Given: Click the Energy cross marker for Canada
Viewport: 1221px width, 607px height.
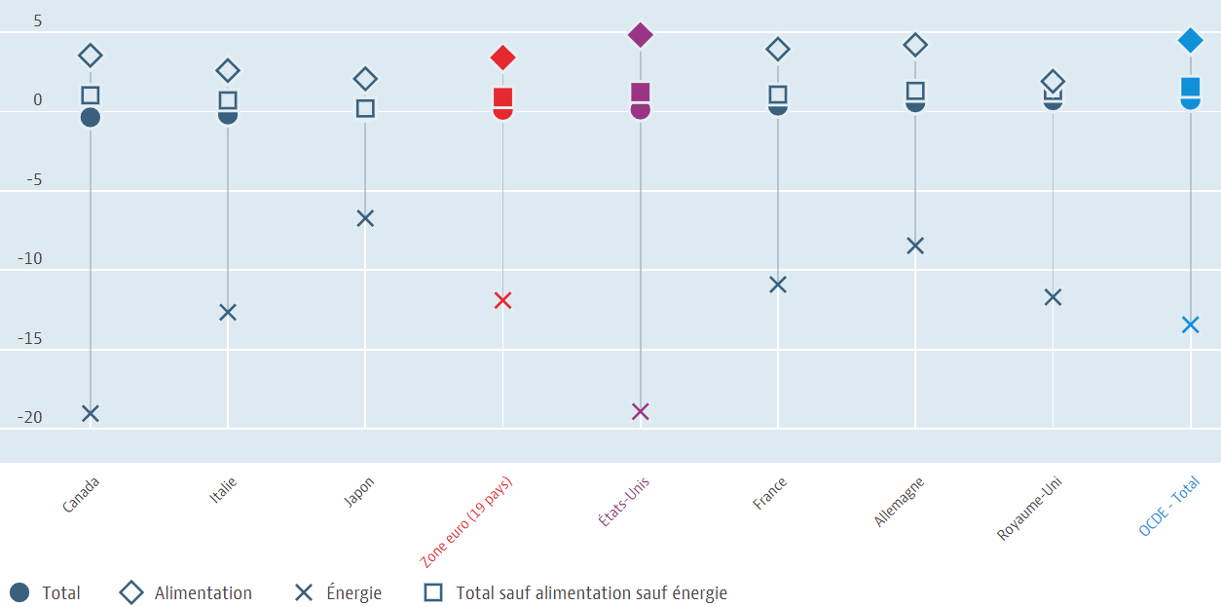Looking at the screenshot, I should click(x=91, y=413).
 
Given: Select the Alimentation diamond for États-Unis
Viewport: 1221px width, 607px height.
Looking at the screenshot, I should click(x=640, y=35).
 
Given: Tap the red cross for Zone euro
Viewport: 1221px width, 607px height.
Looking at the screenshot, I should click(x=502, y=300).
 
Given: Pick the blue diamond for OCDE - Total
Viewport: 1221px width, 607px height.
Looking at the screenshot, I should click(x=1190, y=40).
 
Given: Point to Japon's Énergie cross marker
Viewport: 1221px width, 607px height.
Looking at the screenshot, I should click(x=365, y=218).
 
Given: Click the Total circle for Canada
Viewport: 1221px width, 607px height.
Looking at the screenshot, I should click(x=91, y=118).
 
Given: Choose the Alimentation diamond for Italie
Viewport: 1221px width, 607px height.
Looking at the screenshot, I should click(x=228, y=70).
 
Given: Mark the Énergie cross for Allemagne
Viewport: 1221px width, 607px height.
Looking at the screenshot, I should click(x=915, y=246).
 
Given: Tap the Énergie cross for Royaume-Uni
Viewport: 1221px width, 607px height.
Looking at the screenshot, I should click(x=1053, y=297).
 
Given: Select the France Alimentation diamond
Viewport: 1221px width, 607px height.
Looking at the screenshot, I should click(x=778, y=49).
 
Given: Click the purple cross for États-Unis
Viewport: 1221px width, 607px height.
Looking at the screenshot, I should click(x=640, y=411).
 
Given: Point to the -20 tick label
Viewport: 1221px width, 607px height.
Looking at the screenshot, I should click(x=29, y=417).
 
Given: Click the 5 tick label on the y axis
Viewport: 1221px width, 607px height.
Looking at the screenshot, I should click(x=37, y=20).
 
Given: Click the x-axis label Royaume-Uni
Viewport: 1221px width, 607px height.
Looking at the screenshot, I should click(x=1030, y=509).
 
